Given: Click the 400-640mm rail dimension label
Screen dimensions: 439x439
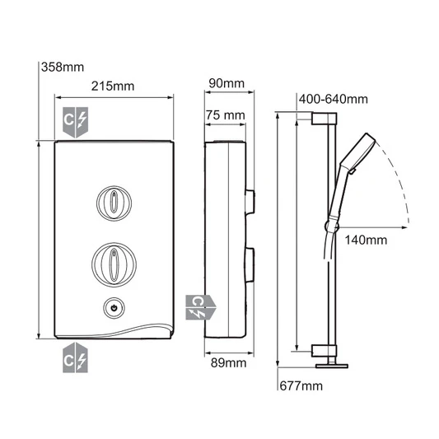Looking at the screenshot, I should (334, 100).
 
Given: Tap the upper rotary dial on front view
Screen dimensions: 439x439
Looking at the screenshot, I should (113, 202).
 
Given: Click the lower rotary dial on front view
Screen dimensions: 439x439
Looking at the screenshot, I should (113, 263).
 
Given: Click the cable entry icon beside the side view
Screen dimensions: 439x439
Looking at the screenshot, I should (199, 307).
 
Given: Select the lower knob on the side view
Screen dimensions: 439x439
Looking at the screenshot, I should (250, 263).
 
